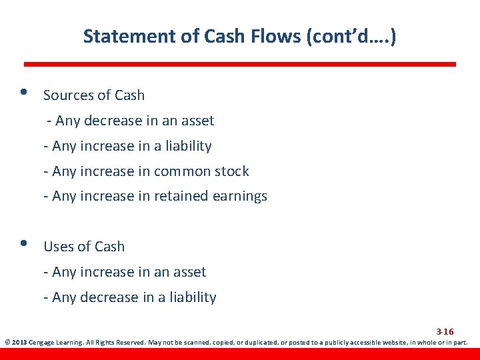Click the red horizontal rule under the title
(240, 65)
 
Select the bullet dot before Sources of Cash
(25, 93)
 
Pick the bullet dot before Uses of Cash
(25, 244)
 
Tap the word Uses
(57, 247)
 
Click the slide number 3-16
(445, 331)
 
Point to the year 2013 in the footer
(20, 343)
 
